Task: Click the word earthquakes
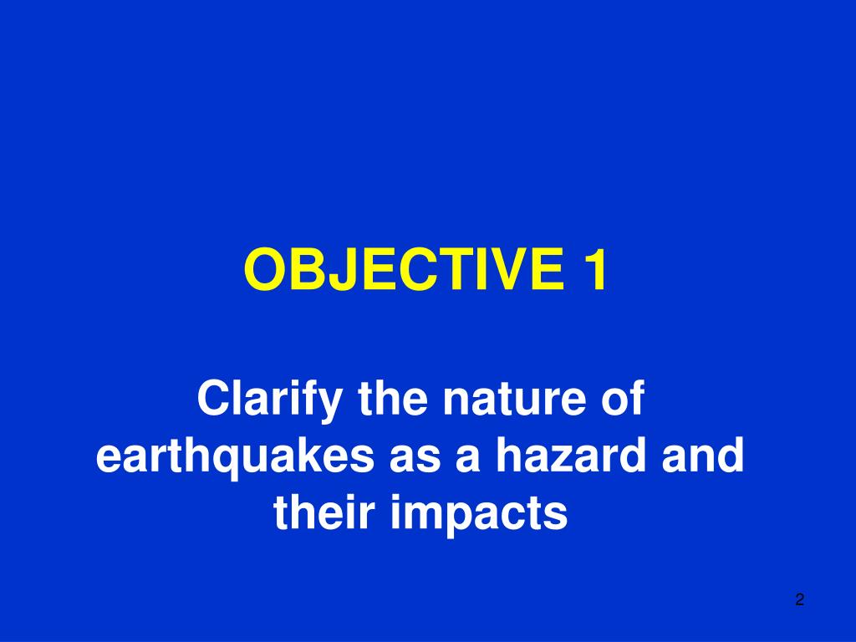[237, 458]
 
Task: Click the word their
[324, 514]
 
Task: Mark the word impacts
[479, 514]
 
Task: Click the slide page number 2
[799, 599]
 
